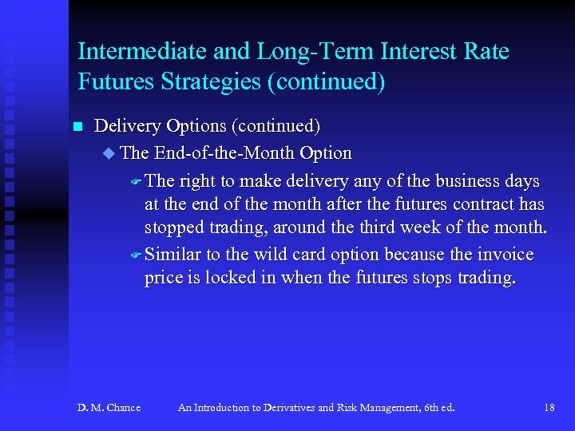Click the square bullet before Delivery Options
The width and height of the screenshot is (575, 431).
point(77,127)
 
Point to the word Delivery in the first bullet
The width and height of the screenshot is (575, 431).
point(126,126)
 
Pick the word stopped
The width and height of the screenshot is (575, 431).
point(171,228)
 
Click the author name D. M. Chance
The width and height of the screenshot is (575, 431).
point(109,408)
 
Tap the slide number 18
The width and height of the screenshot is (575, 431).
point(549,408)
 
